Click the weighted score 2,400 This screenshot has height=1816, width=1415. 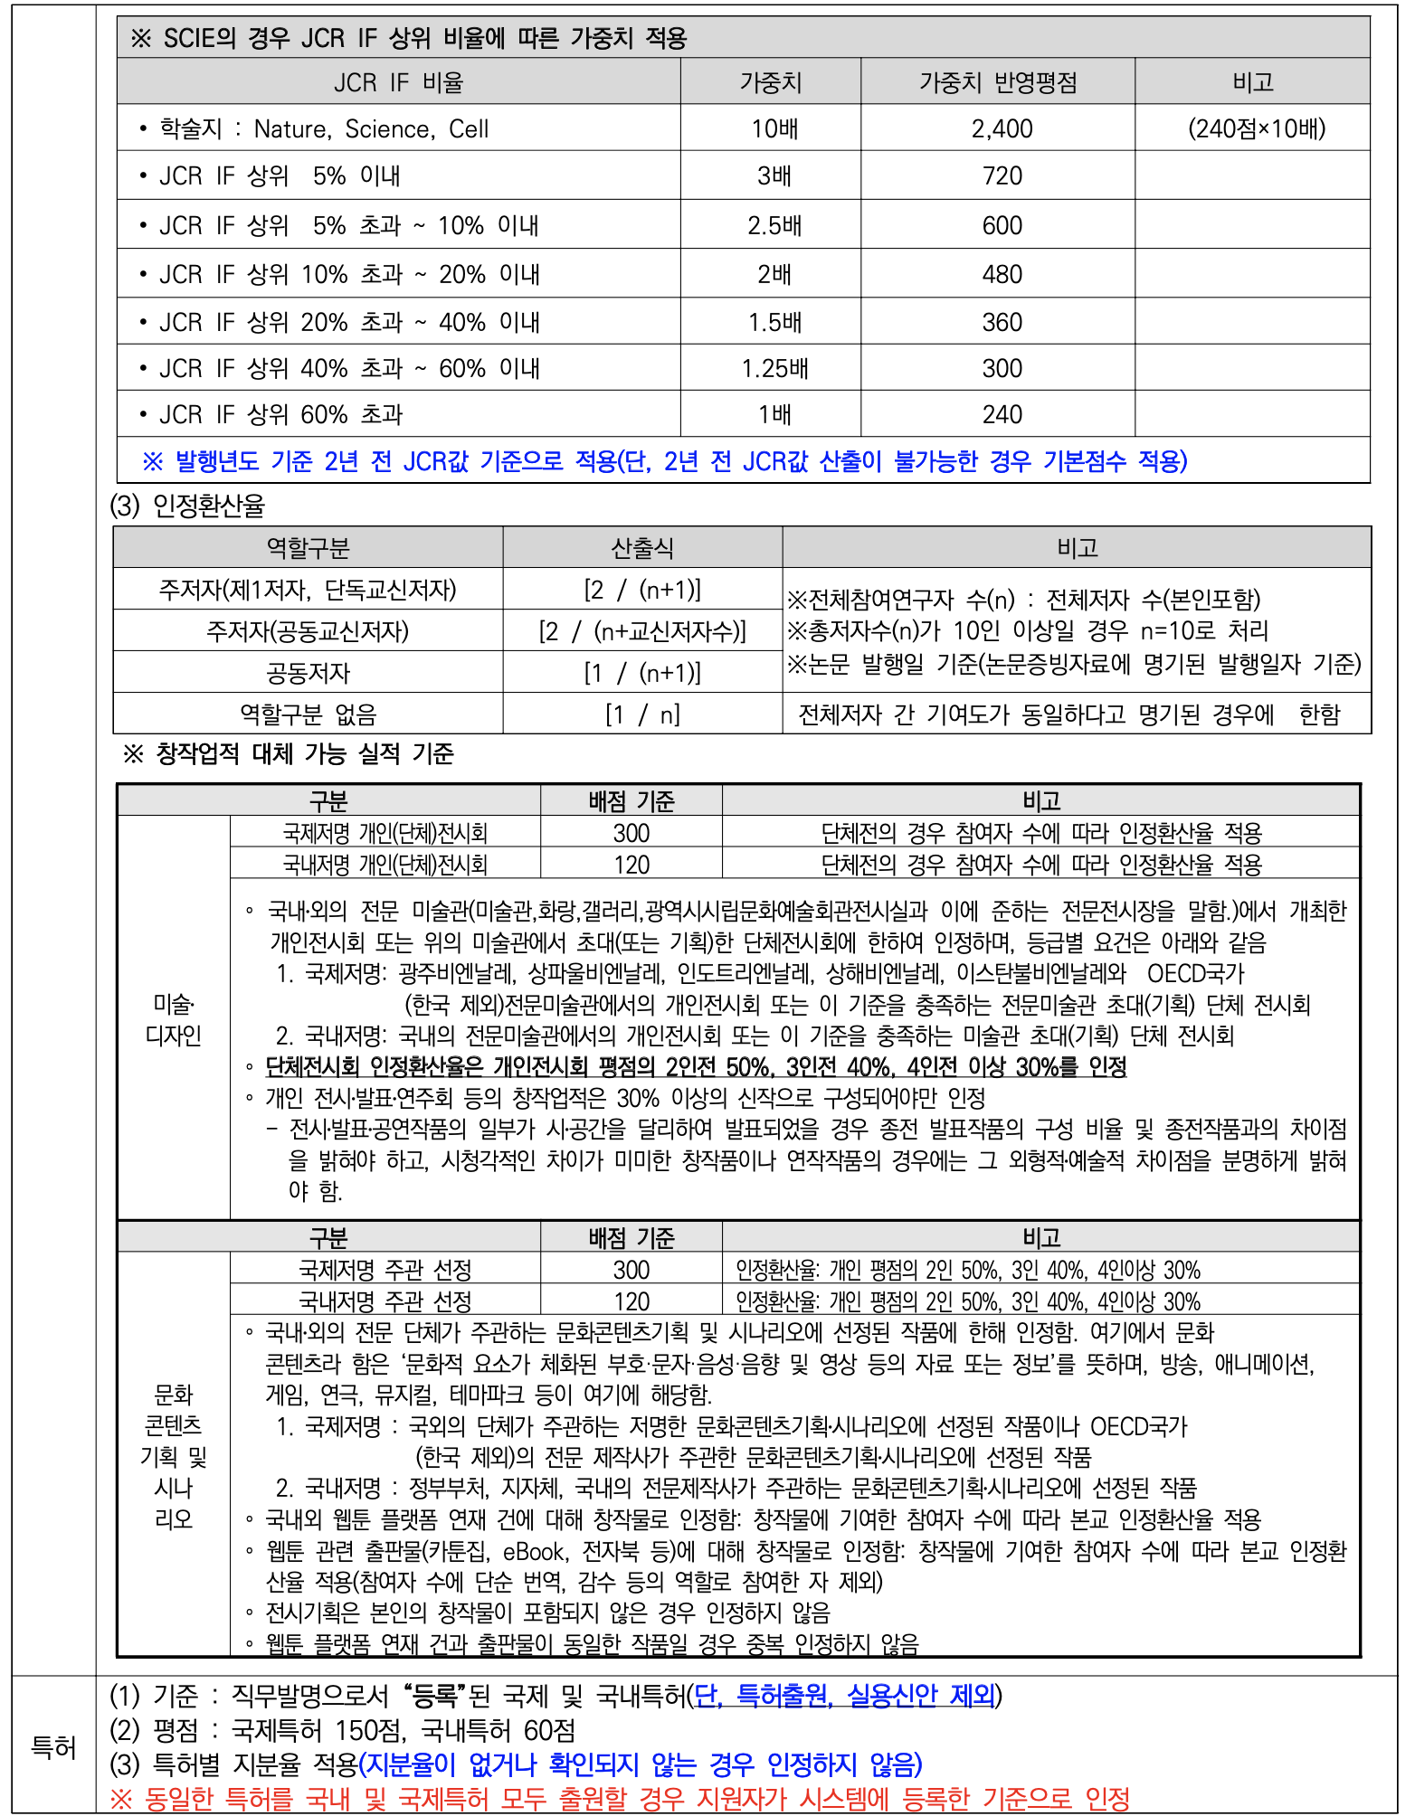(x=1002, y=128)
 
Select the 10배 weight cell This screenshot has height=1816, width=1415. (x=774, y=128)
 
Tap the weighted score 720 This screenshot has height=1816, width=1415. (x=1002, y=175)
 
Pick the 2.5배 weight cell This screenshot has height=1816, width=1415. (x=774, y=225)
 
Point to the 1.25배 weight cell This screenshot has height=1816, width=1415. (x=774, y=368)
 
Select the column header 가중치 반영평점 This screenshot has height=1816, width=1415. (x=998, y=83)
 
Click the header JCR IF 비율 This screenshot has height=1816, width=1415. (x=398, y=83)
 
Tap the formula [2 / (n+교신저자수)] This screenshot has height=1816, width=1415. (x=641, y=631)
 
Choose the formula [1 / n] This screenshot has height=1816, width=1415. (x=641, y=714)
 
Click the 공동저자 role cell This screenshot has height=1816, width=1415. (x=308, y=673)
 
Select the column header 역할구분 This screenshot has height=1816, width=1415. (x=308, y=548)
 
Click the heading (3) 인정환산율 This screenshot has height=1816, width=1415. (x=187, y=506)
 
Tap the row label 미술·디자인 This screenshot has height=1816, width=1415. (x=173, y=1019)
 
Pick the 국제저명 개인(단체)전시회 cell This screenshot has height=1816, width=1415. (x=385, y=833)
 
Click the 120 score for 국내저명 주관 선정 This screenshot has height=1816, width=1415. (x=631, y=1301)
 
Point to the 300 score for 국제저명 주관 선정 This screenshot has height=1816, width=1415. (x=631, y=1270)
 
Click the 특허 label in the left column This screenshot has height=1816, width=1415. (x=53, y=1747)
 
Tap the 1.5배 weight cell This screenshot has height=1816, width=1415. (x=774, y=322)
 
